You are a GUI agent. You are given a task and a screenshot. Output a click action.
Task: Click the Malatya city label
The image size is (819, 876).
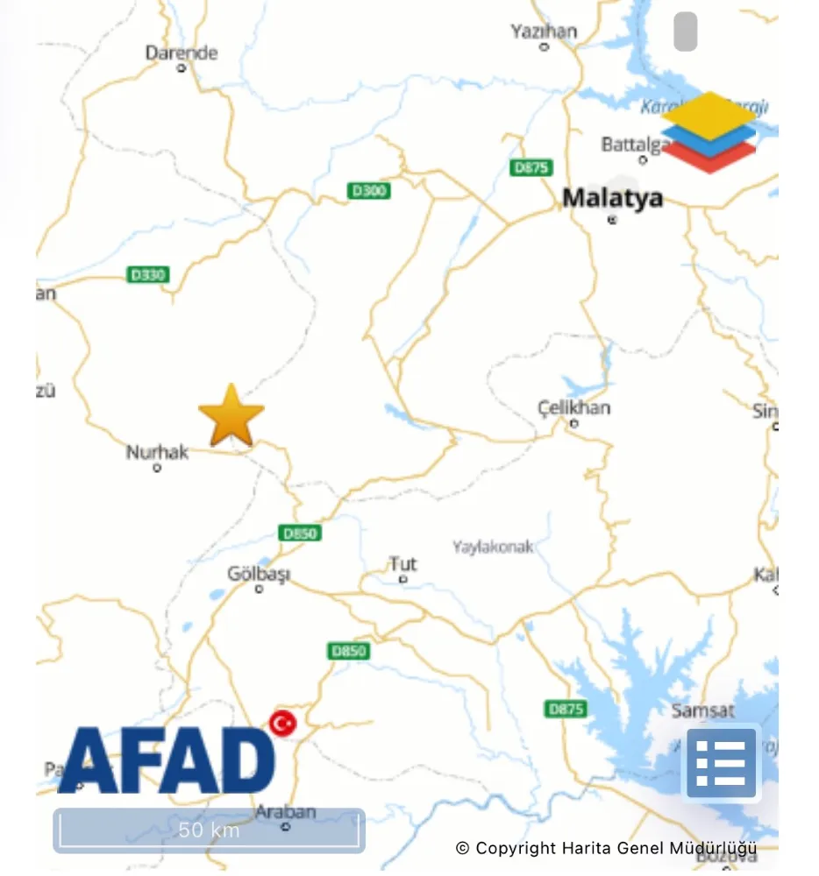(612, 198)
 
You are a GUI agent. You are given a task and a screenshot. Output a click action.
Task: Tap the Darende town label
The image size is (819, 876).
(182, 53)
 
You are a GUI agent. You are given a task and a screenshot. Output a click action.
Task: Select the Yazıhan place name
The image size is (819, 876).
(544, 32)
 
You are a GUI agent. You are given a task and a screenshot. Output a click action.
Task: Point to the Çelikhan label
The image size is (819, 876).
(574, 408)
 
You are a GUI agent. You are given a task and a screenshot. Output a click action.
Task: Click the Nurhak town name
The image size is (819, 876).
(158, 452)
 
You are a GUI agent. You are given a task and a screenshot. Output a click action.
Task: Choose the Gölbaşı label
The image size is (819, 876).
(259, 575)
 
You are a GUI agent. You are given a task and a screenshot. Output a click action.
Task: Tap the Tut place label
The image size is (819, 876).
(403, 563)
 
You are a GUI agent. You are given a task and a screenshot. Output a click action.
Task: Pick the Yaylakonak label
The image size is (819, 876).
(493, 547)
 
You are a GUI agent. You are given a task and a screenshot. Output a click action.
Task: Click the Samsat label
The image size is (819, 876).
(703, 710)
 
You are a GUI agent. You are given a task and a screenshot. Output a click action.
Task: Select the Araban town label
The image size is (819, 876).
(285, 812)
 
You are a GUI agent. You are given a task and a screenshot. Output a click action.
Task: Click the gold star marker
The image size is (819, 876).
(231, 416)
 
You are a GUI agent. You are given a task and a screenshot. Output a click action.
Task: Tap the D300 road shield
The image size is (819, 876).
(369, 190)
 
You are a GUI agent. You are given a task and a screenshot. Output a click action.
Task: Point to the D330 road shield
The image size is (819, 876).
(147, 275)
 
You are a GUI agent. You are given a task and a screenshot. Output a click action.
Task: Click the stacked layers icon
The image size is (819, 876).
(709, 131)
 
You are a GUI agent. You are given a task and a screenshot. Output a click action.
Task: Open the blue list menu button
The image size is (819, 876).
(721, 763)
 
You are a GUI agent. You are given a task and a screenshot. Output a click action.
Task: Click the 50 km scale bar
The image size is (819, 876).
(209, 830)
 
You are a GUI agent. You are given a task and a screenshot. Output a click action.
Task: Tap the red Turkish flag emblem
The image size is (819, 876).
(282, 724)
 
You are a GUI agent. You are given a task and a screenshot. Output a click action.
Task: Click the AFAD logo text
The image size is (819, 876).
(167, 759)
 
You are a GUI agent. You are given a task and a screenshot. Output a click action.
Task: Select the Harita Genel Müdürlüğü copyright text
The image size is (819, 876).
(606, 848)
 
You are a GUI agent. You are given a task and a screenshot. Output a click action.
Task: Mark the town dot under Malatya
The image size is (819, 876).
(612, 220)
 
